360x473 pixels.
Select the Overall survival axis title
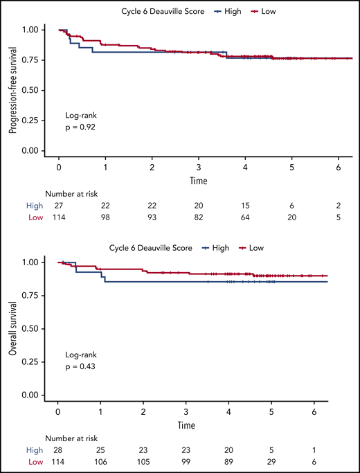coord(12,330)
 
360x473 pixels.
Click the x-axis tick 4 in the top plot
coord(245,167)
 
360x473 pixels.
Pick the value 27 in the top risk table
coord(59,207)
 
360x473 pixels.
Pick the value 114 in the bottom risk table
coord(59,461)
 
